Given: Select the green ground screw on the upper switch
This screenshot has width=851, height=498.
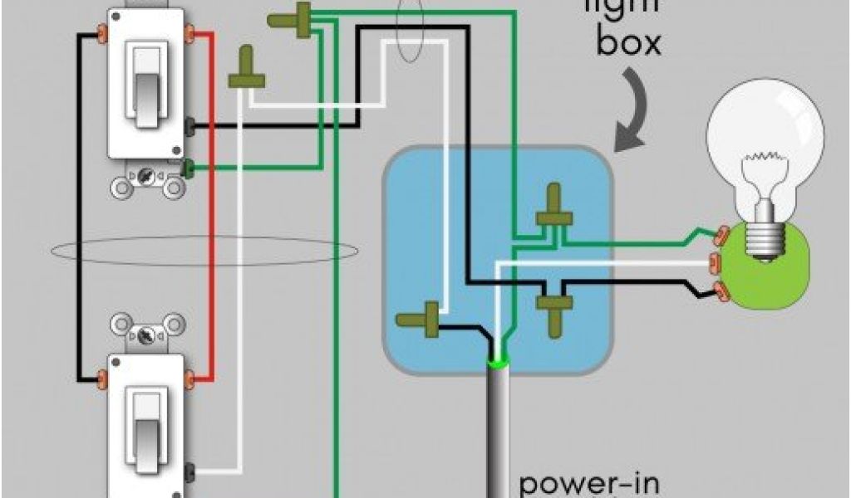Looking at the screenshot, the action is [190, 169].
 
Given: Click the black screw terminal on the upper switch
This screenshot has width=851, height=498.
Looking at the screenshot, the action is [190, 127].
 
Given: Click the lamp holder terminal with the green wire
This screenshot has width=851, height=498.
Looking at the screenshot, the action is [720, 236].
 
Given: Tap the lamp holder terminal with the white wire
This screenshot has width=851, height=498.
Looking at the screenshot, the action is [713, 263].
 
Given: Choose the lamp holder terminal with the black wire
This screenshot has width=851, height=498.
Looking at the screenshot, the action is [720, 290].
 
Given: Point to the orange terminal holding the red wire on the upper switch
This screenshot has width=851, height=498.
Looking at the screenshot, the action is [190, 34].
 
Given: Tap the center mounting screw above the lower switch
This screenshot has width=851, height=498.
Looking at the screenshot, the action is [147, 336].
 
